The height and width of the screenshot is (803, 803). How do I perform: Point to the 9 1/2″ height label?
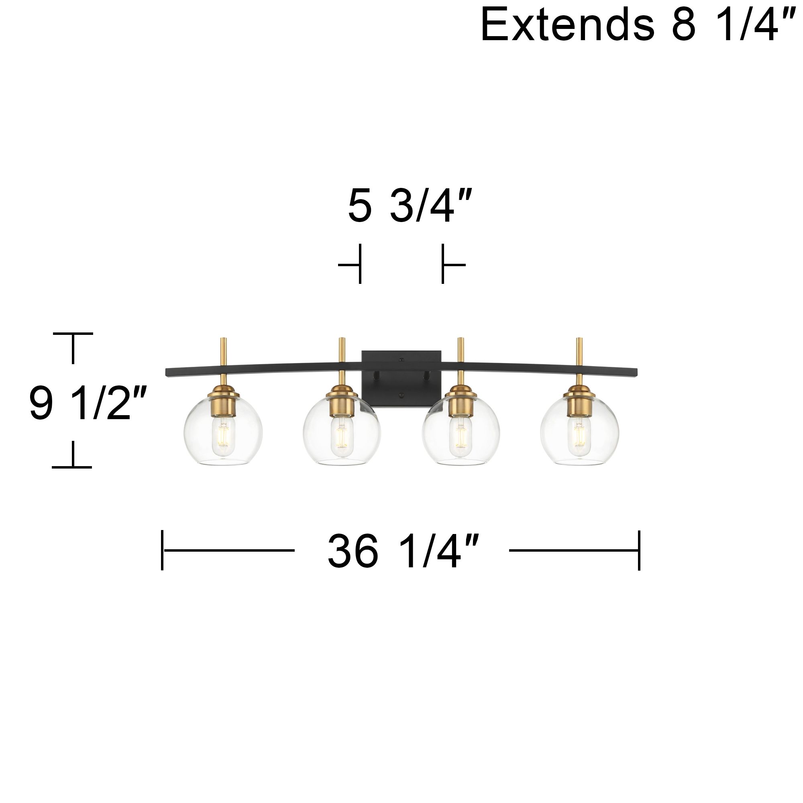pos(88,403)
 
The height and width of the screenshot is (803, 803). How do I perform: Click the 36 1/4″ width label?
pos(403,551)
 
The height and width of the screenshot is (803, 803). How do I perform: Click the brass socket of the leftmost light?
pos(224,406)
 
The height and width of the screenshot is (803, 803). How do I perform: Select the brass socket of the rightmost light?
pos(579,406)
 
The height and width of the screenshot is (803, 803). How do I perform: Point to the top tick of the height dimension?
pos(73,334)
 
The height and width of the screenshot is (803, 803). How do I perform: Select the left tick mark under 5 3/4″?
pos(359,264)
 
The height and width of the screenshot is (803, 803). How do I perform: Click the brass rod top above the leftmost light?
pos(223,340)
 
